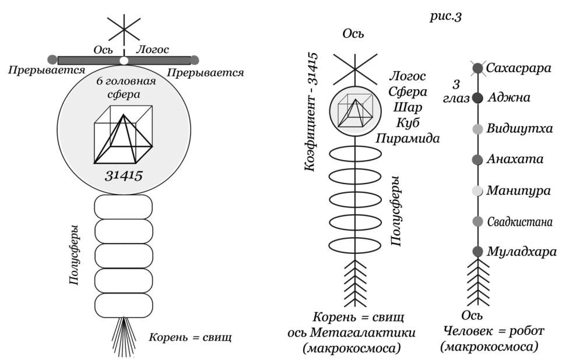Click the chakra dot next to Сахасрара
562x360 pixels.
tap(478, 69)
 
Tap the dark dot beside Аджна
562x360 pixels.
tap(478, 98)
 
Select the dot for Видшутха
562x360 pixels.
tap(478, 129)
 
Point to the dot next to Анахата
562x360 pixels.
tap(478, 159)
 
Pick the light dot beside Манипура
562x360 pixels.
tap(478, 190)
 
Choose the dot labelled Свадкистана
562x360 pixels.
tap(478, 221)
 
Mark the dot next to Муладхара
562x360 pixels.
tap(478, 252)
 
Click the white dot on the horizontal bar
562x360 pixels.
tap(124, 60)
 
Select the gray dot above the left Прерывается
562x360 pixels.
tap(52, 59)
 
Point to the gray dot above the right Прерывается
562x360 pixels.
tap(195, 59)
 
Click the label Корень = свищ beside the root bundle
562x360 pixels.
tap(190, 336)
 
